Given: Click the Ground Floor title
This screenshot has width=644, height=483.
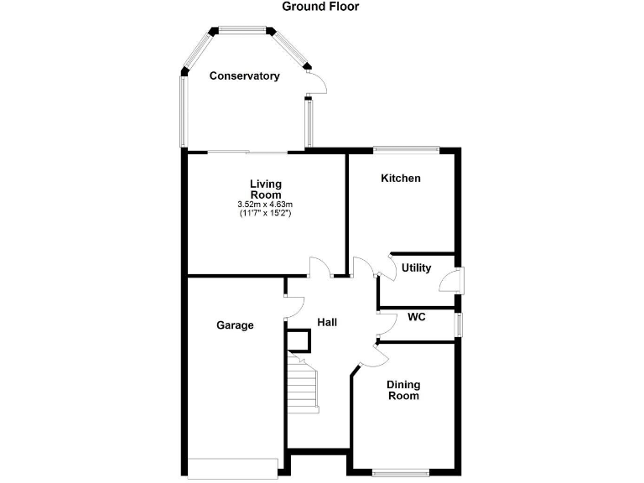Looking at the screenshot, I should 320,7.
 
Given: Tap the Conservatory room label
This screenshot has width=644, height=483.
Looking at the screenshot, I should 244,76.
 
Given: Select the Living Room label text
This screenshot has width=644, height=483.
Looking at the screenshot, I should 265,189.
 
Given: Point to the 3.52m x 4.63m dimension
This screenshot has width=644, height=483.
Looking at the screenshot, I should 265,205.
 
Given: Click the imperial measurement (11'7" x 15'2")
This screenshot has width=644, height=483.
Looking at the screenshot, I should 265,214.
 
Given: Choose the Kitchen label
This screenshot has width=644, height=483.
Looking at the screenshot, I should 401,179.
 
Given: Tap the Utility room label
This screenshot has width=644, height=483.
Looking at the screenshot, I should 416,268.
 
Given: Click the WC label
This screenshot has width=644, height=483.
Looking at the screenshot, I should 417,318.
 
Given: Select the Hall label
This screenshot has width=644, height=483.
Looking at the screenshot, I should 327,322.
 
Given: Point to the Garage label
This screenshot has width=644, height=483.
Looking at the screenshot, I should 235,325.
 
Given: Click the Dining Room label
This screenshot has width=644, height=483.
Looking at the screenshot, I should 403,390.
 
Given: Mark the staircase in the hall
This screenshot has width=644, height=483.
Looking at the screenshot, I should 304,382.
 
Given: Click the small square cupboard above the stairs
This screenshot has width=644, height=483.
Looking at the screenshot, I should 299,340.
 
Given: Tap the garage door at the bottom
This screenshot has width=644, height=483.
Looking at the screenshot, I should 234,469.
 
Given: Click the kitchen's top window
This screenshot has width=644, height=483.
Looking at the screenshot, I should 406,150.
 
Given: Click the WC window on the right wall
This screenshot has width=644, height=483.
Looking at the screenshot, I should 459,325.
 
